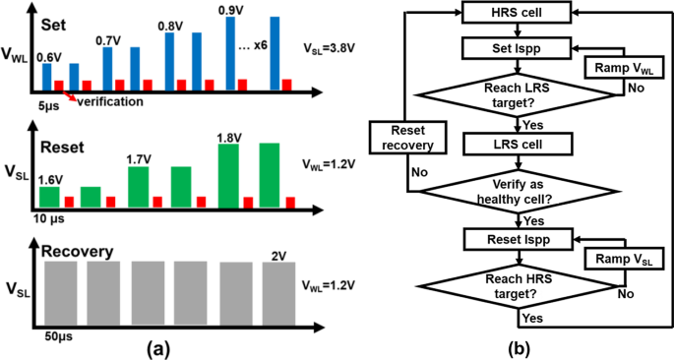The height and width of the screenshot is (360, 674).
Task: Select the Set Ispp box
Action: (x=511, y=46)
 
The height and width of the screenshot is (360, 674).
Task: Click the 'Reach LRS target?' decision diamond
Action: (x=511, y=95)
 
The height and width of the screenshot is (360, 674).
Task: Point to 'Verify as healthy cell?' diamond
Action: (x=511, y=189)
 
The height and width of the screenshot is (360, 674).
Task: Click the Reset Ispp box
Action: (x=511, y=238)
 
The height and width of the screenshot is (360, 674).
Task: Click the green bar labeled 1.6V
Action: (x=49, y=196)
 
